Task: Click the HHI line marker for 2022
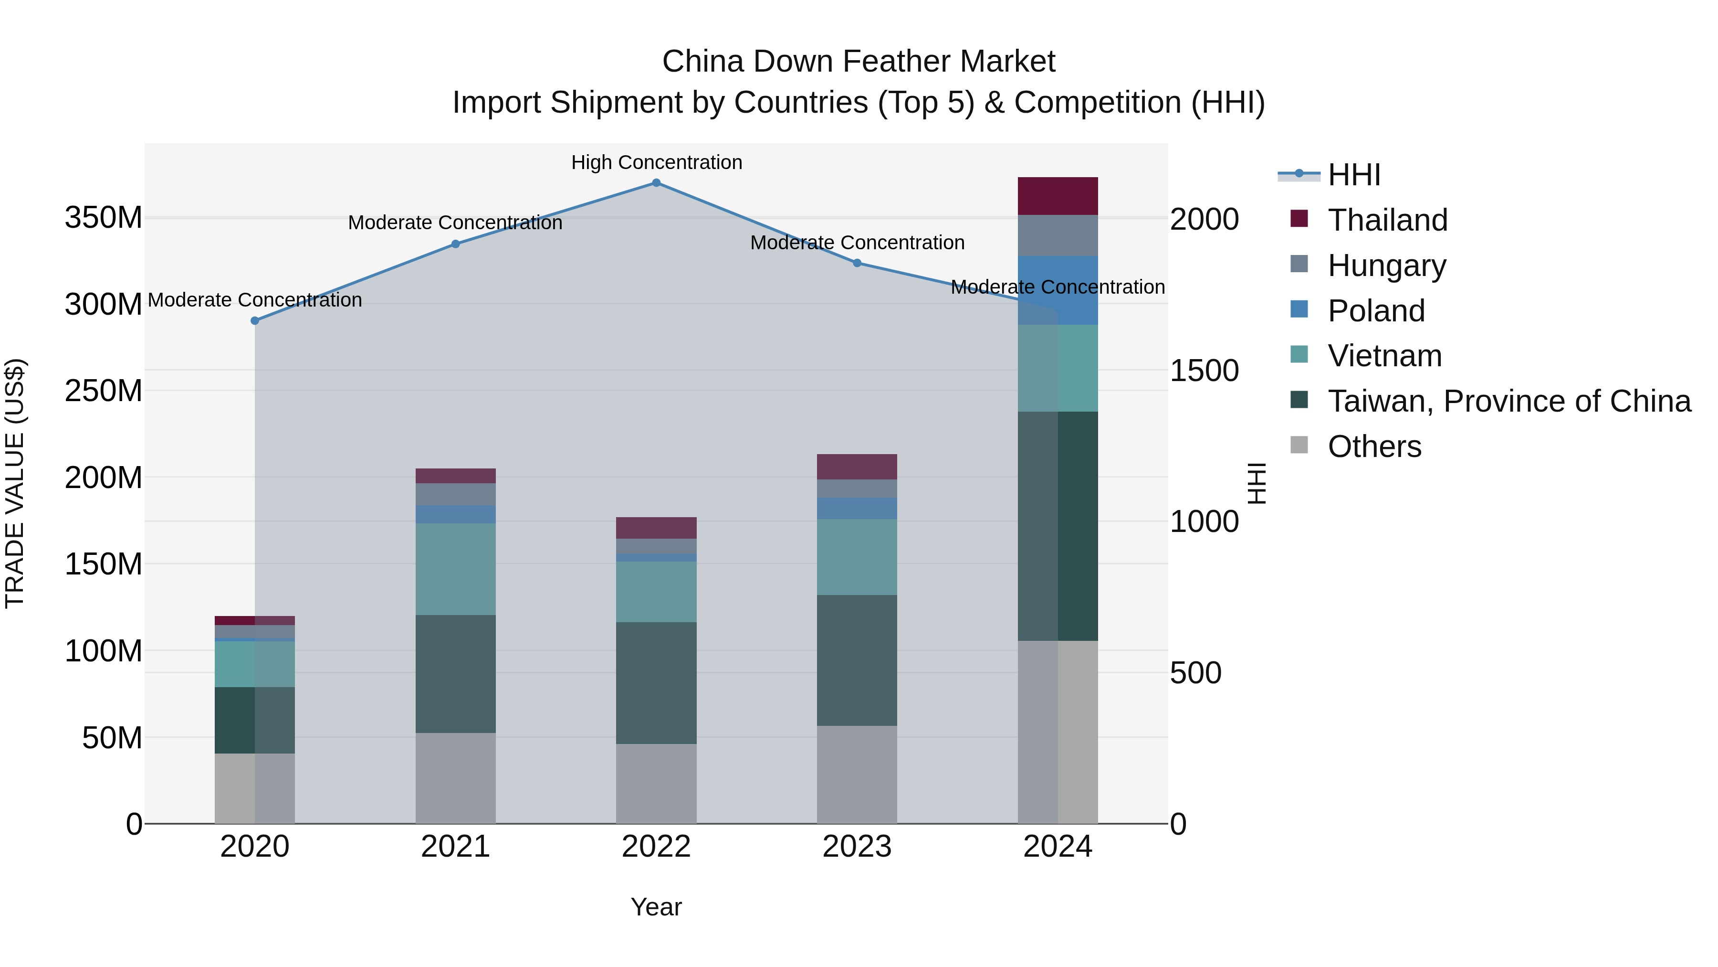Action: (656, 183)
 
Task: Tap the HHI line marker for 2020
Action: (255, 321)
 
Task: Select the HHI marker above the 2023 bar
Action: (857, 263)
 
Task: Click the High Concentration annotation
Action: (656, 163)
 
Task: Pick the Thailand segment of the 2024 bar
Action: (1058, 196)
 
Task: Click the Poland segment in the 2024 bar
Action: (1058, 291)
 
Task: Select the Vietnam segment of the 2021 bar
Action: (456, 569)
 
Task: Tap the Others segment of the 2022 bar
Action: (656, 784)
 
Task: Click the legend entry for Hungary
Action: (1386, 266)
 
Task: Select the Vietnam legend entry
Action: (1384, 356)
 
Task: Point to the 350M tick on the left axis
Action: (104, 218)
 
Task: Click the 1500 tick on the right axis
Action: (1205, 371)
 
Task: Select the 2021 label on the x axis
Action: (456, 847)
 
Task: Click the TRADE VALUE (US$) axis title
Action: (15, 483)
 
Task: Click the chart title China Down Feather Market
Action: (859, 62)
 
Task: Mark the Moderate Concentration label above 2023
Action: (857, 243)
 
